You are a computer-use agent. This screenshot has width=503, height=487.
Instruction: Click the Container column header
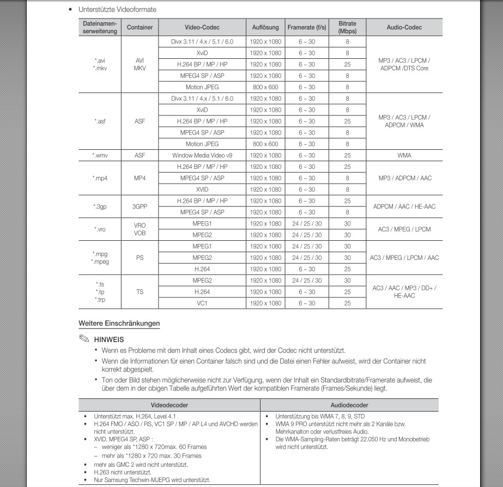pos(140,27)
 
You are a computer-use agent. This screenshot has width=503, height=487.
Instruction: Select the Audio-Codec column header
pos(404,27)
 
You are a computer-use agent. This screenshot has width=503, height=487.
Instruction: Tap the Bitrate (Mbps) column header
pos(347,27)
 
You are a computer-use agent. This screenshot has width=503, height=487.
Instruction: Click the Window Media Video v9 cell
pos(202,155)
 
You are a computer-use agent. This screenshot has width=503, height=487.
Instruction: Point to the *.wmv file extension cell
pos(100,155)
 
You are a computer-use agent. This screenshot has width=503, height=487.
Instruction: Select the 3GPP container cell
pos(140,206)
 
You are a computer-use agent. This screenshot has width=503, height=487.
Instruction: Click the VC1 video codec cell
pos(202,303)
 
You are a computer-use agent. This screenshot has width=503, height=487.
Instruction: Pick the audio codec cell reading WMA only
pos(404,155)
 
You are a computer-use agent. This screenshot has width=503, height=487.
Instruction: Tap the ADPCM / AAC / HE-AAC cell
pos(404,206)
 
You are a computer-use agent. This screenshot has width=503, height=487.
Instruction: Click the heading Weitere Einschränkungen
pos(119,324)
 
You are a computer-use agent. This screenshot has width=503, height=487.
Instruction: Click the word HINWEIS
pos(109,339)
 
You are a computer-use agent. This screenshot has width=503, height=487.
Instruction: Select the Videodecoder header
pos(169,405)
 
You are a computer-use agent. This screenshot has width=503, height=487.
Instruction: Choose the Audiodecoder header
pos(349,405)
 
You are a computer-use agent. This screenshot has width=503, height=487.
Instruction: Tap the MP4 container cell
pos(140,178)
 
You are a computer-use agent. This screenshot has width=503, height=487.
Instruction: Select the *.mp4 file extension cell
pos(100,178)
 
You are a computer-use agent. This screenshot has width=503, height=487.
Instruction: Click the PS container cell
pos(140,258)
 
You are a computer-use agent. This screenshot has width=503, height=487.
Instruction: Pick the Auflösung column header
pos(265,27)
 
